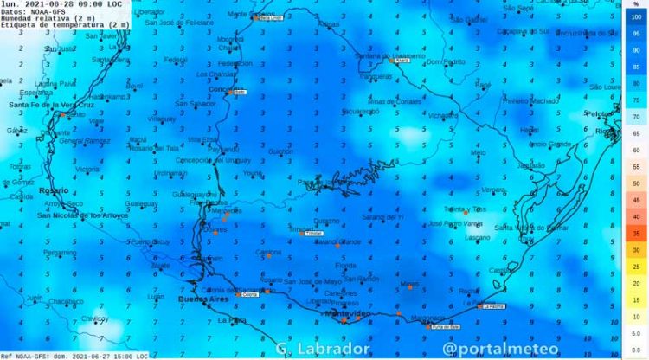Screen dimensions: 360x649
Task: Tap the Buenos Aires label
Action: (x=200, y=299)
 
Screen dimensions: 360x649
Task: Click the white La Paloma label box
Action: (x=493, y=305)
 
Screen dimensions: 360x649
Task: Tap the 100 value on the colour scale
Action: (x=636, y=16)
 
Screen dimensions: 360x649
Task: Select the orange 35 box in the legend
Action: (x=636, y=234)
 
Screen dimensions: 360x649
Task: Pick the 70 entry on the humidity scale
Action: (x=636, y=117)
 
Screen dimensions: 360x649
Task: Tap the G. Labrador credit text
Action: (x=323, y=349)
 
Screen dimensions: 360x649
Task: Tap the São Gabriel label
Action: (x=470, y=19)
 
